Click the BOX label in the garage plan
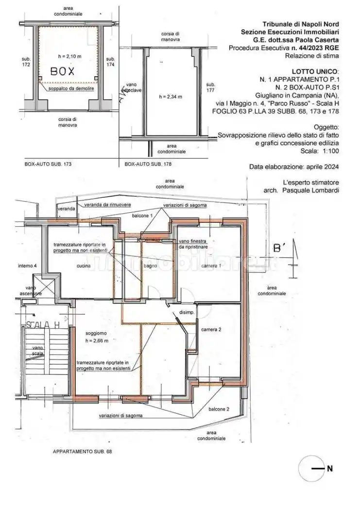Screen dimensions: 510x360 pyautogui.click(x=63, y=71)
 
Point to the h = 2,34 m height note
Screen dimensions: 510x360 pyautogui.click(x=171, y=97)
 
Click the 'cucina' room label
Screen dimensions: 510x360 pyautogui.click(x=84, y=266)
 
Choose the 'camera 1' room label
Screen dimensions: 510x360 pyautogui.click(x=211, y=266)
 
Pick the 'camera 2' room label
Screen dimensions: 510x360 pyautogui.click(x=211, y=329)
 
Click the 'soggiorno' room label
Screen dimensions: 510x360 pyautogui.click(x=96, y=333)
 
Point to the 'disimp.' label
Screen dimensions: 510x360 pyautogui.click(x=187, y=312)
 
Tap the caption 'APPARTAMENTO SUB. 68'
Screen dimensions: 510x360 pyautogui.click(x=82, y=452)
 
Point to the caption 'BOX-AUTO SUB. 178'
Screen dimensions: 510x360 pyautogui.click(x=148, y=164)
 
